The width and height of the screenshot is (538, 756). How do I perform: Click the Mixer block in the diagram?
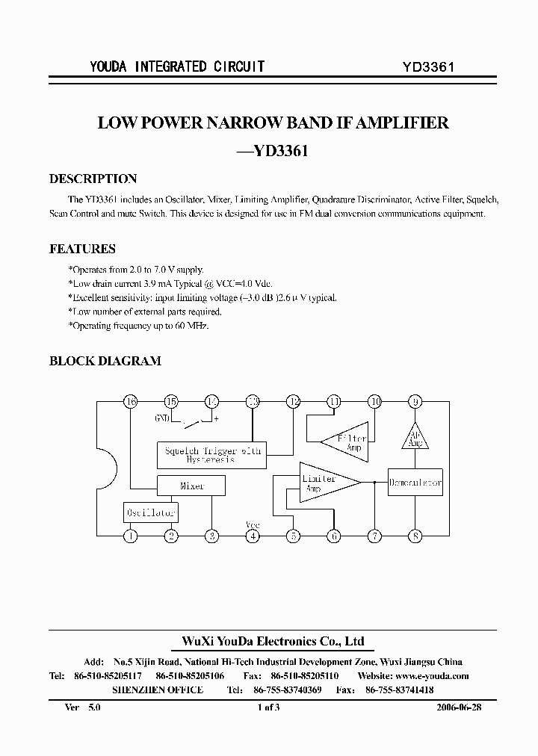[192, 486]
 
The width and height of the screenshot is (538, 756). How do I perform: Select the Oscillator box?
[151, 512]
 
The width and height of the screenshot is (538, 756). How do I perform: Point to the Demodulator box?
[415, 483]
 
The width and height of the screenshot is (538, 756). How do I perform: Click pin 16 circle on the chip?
[131, 402]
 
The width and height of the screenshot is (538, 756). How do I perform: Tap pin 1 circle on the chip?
[131, 535]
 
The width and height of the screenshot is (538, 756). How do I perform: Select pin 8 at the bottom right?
[415, 535]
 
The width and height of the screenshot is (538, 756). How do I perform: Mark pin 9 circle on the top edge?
[415, 402]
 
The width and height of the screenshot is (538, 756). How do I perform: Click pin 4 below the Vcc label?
[253, 535]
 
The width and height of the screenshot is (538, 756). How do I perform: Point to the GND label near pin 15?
[162, 418]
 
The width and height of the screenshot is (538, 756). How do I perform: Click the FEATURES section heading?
[82, 249]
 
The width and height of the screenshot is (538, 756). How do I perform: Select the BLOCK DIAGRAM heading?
[105, 361]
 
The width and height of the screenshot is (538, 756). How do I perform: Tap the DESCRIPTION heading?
[93, 179]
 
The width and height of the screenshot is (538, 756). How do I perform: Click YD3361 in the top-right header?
[429, 66]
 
